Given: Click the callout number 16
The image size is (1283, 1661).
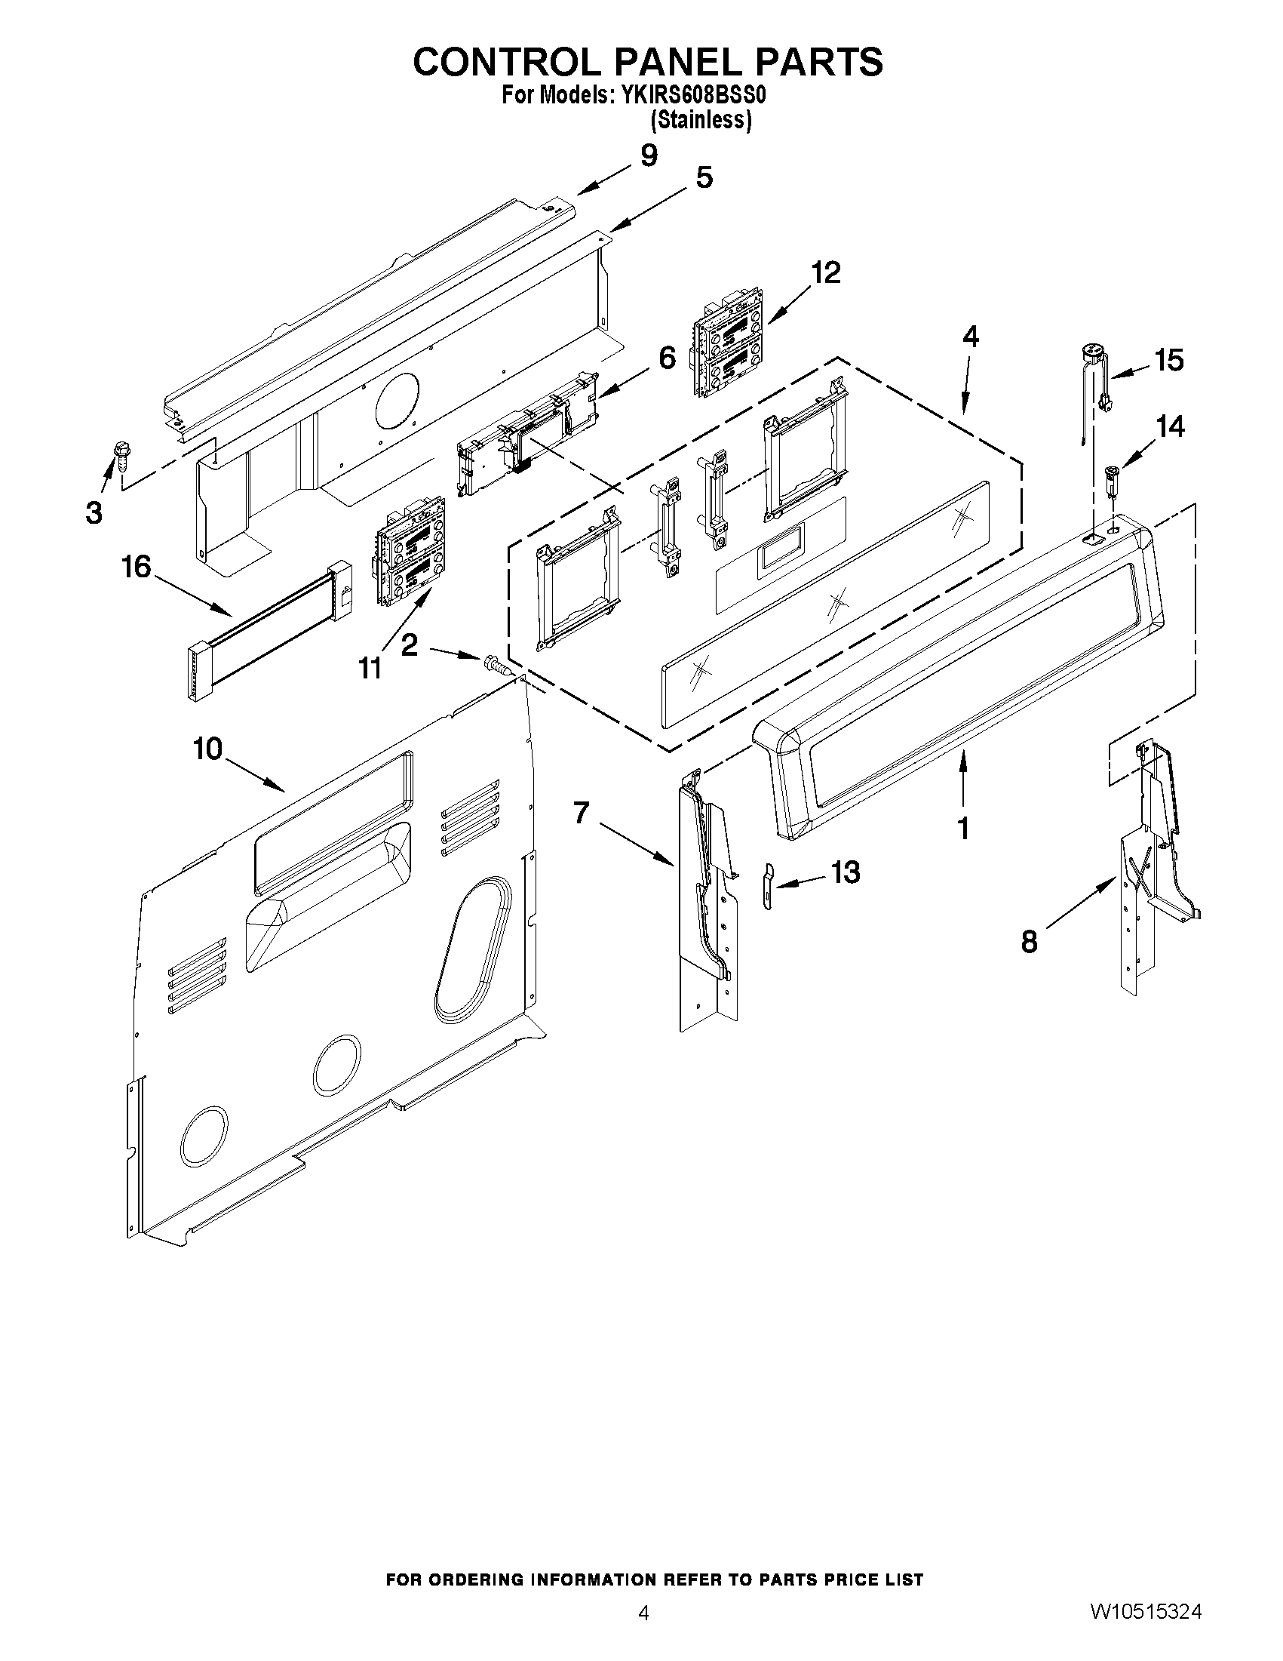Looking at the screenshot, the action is click(137, 568).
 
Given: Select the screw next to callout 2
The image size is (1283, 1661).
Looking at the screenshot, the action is click(496, 664).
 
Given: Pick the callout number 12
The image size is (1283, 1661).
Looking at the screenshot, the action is click(826, 272).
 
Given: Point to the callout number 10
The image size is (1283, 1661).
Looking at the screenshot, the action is click(207, 749).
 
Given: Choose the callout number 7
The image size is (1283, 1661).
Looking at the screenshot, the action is click(581, 813).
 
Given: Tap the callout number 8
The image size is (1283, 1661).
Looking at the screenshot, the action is click(1029, 943).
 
